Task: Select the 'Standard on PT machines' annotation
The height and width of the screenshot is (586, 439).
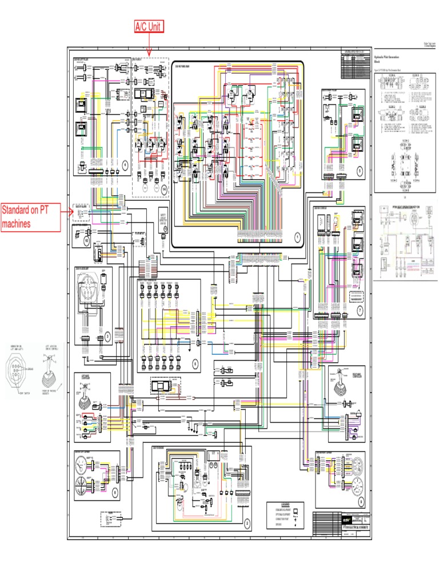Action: pyautogui.click(x=30, y=217)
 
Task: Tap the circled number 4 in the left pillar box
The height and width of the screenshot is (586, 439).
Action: pyautogui.click(x=125, y=165)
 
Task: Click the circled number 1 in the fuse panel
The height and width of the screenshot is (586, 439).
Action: pyautogui.click(x=297, y=236)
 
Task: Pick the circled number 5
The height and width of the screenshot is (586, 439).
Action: pyautogui.click(x=360, y=171)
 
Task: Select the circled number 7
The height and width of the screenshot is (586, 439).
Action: pyautogui.click(x=360, y=310)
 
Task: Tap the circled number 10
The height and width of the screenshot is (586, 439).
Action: pyautogui.click(x=87, y=241)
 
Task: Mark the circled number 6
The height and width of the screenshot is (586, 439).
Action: pyautogui.click(x=194, y=362)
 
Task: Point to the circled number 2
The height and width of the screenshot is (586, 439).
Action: pyautogui.click(x=247, y=522)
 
